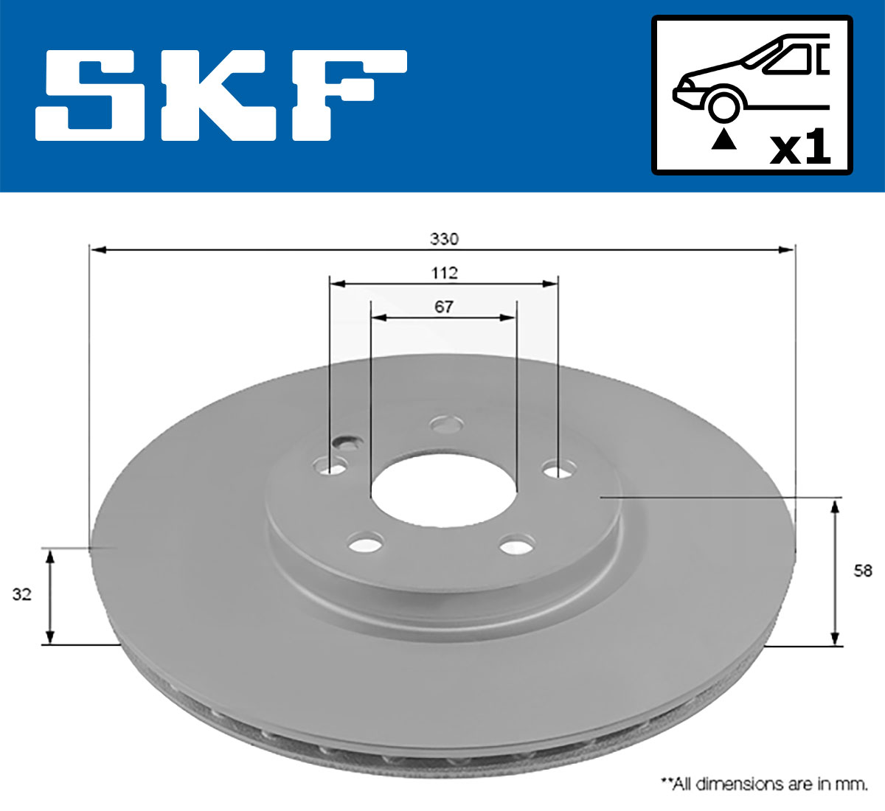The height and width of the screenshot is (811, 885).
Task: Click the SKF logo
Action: [221, 96]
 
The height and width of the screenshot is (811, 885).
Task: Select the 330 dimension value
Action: [444, 239]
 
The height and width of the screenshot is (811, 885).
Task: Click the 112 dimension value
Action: [444, 273]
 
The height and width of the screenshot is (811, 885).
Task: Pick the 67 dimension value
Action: [443, 307]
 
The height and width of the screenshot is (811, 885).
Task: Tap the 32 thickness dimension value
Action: [22, 594]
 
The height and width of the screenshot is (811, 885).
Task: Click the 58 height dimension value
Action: [862, 571]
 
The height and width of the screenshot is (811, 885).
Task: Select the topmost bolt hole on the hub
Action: [447, 425]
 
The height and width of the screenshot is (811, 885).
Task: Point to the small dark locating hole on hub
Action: [345, 442]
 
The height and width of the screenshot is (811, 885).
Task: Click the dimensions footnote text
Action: [763, 784]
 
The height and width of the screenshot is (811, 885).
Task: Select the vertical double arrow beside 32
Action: [50, 596]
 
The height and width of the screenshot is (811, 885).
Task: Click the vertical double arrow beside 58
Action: [835, 572]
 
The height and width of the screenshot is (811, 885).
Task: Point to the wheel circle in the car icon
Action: [723, 105]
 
